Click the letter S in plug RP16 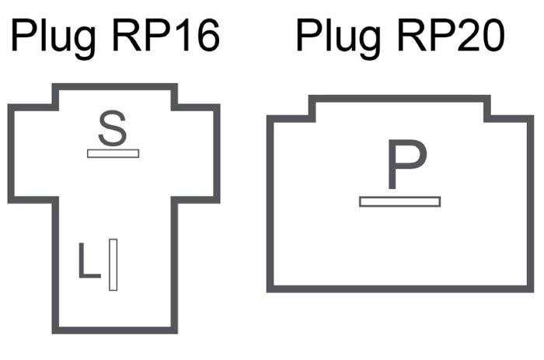point(113,128)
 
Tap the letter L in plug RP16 point(89,260)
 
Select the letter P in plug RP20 point(407,165)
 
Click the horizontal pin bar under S point(113,153)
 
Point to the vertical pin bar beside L point(113,264)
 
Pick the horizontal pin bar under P point(400,201)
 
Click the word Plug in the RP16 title point(53,37)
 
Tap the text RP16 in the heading point(166,35)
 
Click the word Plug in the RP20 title point(338,37)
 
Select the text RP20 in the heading point(451,35)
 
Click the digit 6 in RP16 point(207,36)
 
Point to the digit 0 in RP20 point(492,36)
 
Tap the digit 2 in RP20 point(465,35)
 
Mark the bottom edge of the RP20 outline point(400,288)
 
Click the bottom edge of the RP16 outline point(115,330)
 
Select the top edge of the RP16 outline point(115,87)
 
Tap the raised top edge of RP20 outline point(399,99)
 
